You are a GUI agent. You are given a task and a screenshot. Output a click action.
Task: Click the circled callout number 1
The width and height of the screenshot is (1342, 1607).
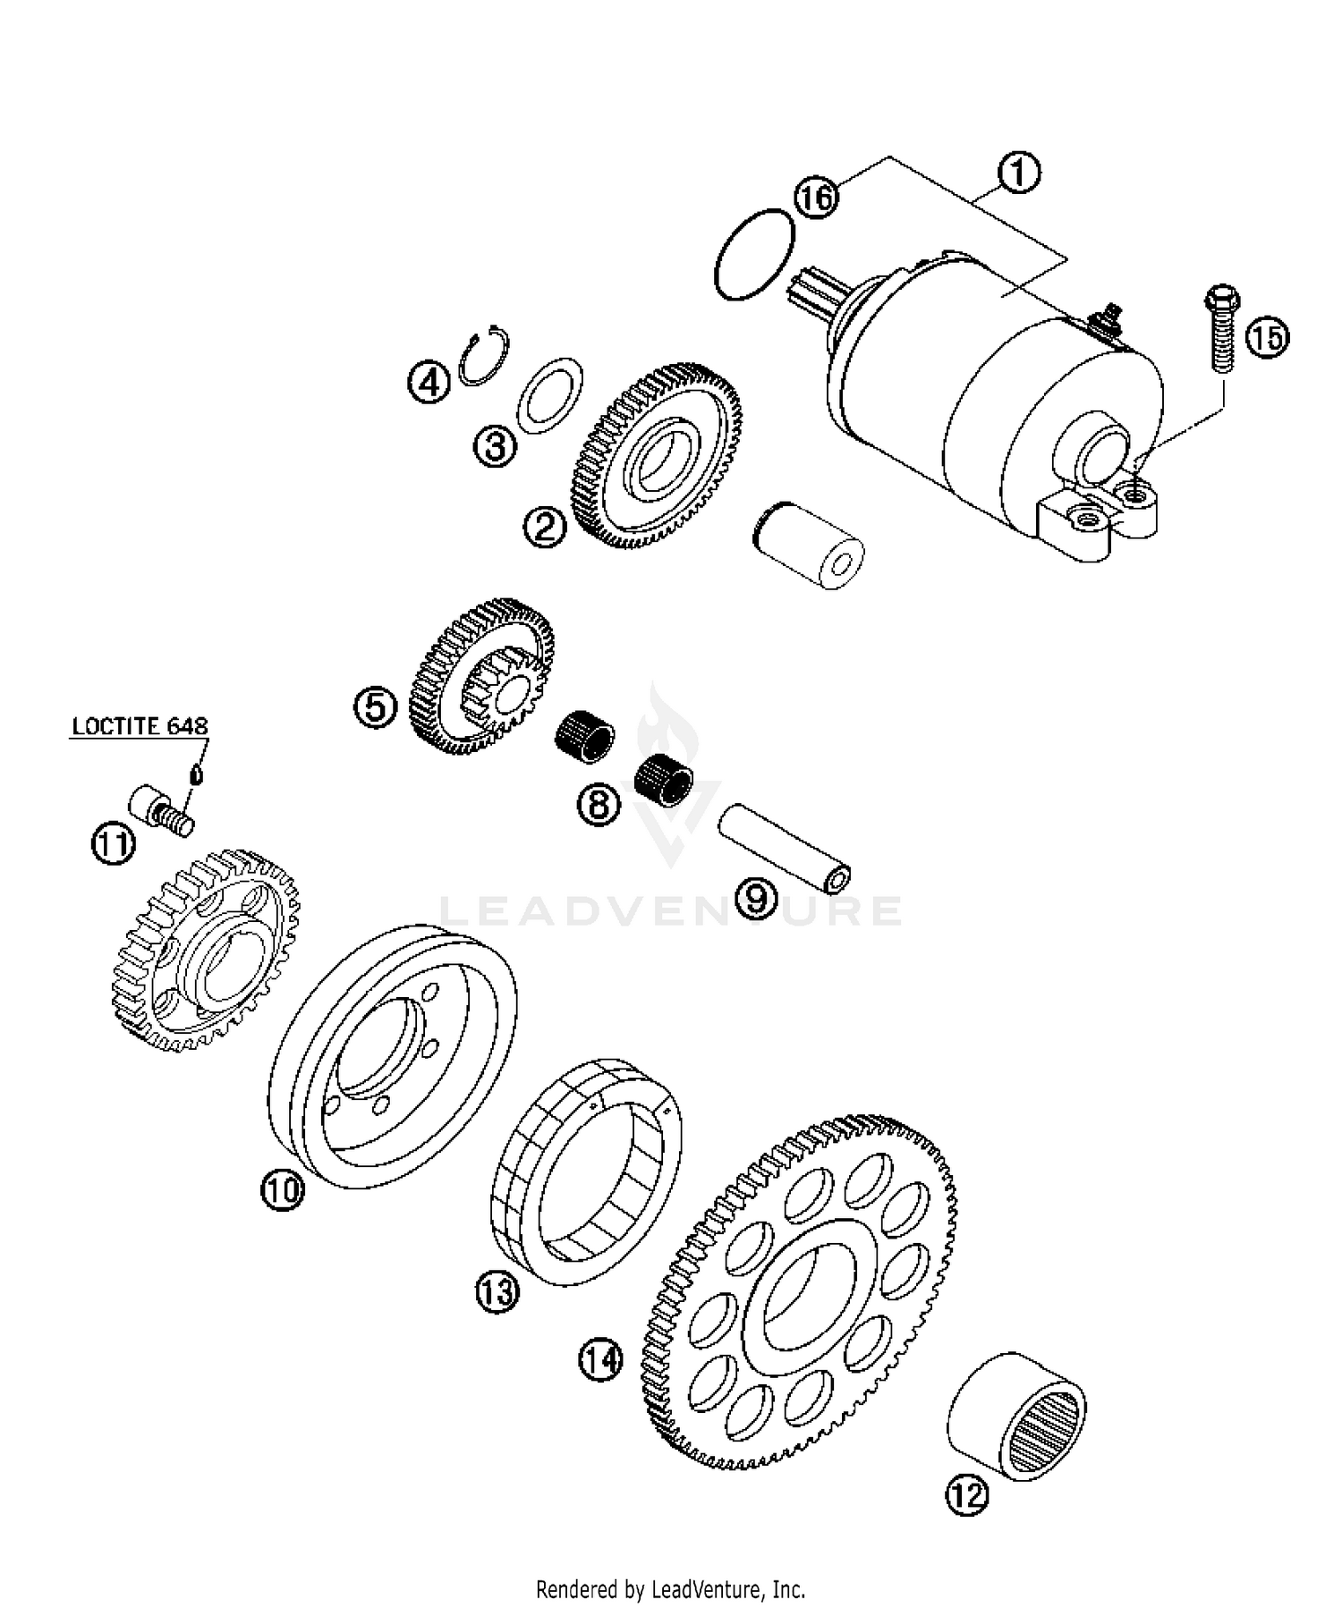pyautogui.click(x=1018, y=174)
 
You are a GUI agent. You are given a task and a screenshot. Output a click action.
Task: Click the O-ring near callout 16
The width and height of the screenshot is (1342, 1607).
pyautogui.click(x=755, y=254)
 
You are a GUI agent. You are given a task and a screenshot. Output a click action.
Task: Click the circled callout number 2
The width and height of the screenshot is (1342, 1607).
pyautogui.click(x=545, y=527)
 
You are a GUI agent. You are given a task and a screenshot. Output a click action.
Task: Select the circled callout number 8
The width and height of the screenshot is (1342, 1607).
pyautogui.click(x=599, y=803)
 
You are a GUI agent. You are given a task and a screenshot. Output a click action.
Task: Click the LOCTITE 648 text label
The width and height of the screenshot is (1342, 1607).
pyautogui.click(x=140, y=725)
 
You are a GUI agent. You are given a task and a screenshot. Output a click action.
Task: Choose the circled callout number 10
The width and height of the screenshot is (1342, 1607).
pyautogui.click(x=282, y=1191)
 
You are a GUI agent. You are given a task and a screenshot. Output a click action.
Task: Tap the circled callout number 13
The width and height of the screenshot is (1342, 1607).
pyautogui.click(x=497, y=1292)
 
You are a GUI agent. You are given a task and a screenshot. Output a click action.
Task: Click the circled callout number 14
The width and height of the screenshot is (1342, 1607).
pyautogui.click(x=599, y=1360)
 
